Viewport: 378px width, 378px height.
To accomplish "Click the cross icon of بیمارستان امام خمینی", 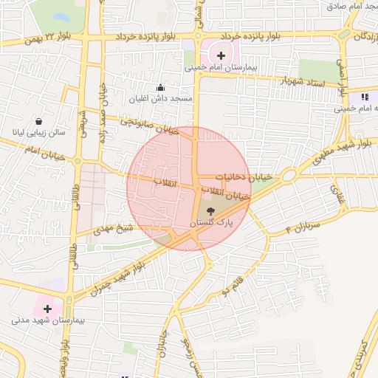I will pos(221,55).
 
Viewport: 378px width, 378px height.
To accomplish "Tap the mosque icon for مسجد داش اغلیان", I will pos(161,88).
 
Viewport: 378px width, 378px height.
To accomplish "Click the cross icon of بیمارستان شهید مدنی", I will pos(48,309).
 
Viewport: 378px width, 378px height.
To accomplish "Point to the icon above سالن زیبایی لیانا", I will pos(38,122).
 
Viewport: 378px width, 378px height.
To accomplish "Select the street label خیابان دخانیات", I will pos(244,177).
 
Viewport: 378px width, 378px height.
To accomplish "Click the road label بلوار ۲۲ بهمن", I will pos(50,37).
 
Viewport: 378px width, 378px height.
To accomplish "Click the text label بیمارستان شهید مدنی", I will pos(48,322).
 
